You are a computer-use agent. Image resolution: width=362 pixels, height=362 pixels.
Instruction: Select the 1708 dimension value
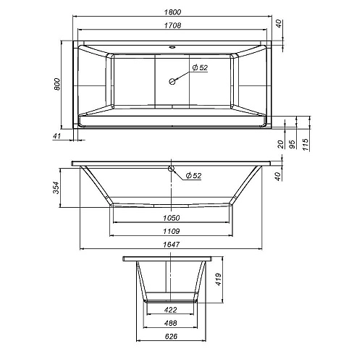coord(172,25)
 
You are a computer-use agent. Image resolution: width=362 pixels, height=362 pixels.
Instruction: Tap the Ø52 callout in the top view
coord(201,68)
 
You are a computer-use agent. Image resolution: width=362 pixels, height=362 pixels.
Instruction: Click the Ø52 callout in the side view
coord(193,175)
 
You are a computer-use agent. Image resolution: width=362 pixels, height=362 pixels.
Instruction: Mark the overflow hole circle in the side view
coord(172,170)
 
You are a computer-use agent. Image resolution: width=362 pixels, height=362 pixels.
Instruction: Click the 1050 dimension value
coord(172,218)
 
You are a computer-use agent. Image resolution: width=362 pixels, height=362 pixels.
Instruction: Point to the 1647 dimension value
coord(172,245)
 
